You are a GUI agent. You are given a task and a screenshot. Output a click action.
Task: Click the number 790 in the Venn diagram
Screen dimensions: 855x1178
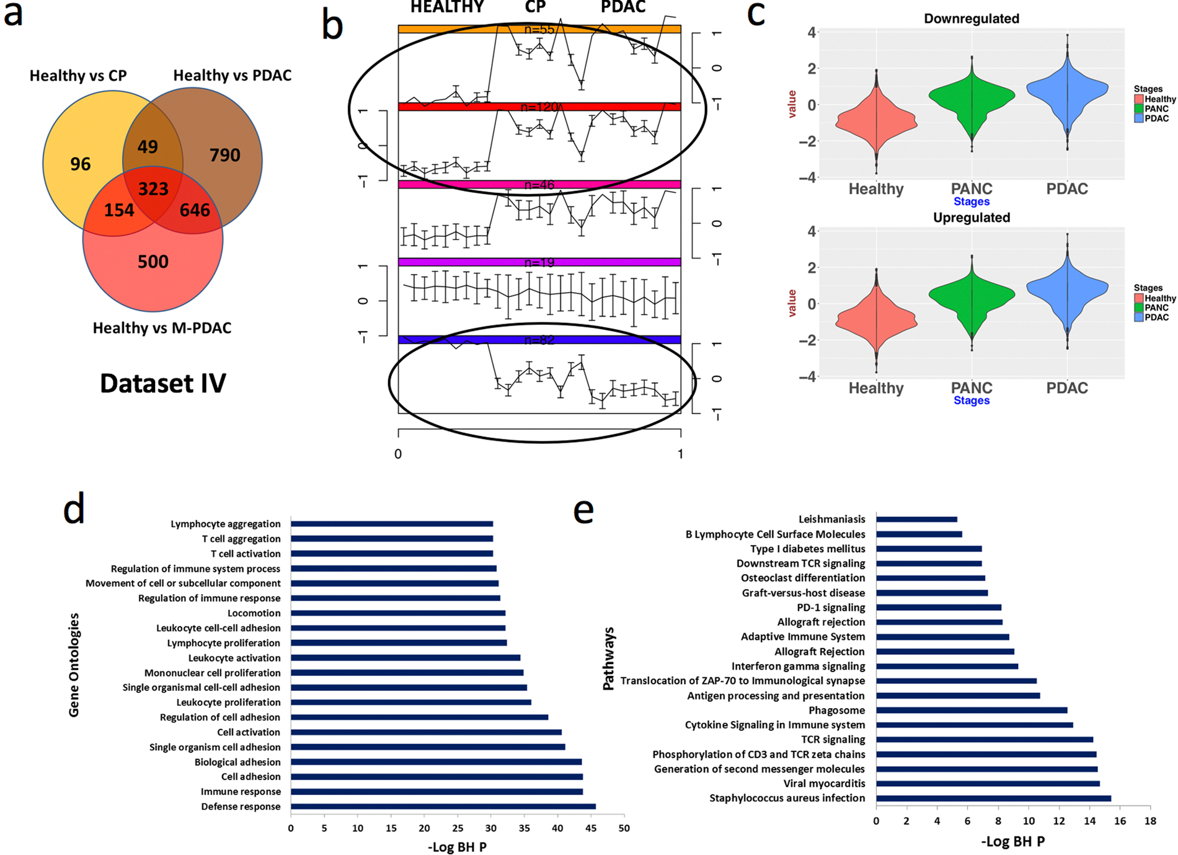pyautogui.click(x=224, y=155)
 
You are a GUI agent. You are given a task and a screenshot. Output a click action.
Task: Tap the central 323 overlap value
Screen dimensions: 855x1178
pyautogui.click(x=153, y=188)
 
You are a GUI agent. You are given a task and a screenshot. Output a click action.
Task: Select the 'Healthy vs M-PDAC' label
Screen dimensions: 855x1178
pyautogui.click(x=162, y=328)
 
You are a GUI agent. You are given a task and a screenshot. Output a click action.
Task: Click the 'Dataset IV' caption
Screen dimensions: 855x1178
pyautogui.click(x=163, y=383)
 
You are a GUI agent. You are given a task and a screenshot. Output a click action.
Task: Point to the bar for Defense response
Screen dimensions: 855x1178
pyautogui.click(x=443, y=807)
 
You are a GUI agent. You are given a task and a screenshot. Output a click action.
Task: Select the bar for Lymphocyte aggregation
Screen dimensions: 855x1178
pyautogui.click(x=392, y=524)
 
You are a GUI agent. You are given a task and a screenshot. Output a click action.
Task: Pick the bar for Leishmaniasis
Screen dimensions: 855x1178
pyautogui.click(x=916, y=520)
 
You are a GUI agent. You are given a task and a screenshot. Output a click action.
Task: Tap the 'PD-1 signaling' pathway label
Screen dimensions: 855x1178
pyautogui.click(x=831, y=608)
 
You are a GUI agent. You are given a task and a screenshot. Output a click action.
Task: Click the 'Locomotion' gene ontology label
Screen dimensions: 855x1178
pyautogui.click(x=254, y=613)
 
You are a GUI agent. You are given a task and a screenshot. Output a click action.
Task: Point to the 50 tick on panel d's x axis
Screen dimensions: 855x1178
pyautogui.click(x=624, y=828)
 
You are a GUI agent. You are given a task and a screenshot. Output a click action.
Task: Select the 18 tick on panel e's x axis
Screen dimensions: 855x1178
pyautogui.click(x=1150, y=822)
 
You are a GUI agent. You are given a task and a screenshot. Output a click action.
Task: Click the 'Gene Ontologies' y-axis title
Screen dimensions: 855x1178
pyautogui.click(x=74, y=665)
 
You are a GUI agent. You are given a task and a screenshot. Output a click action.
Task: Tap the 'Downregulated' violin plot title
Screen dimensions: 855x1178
pyautogui.click(x=971, y=19)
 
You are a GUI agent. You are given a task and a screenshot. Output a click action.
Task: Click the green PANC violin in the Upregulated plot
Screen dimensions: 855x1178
pyautogui.click(x=972, y=298)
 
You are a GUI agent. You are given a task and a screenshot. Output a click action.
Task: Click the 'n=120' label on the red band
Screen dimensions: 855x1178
pyautogui.click(x=539, y=107)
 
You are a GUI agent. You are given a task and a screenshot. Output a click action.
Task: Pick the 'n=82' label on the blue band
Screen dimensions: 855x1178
pyautogui.click(x=539, y=340)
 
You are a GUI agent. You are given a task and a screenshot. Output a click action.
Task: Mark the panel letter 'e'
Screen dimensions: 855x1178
pyautogui.click(x=583, y=512)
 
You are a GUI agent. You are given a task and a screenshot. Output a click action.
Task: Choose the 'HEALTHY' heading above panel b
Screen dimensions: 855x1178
pyautogui.click(x=446, y=7)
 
